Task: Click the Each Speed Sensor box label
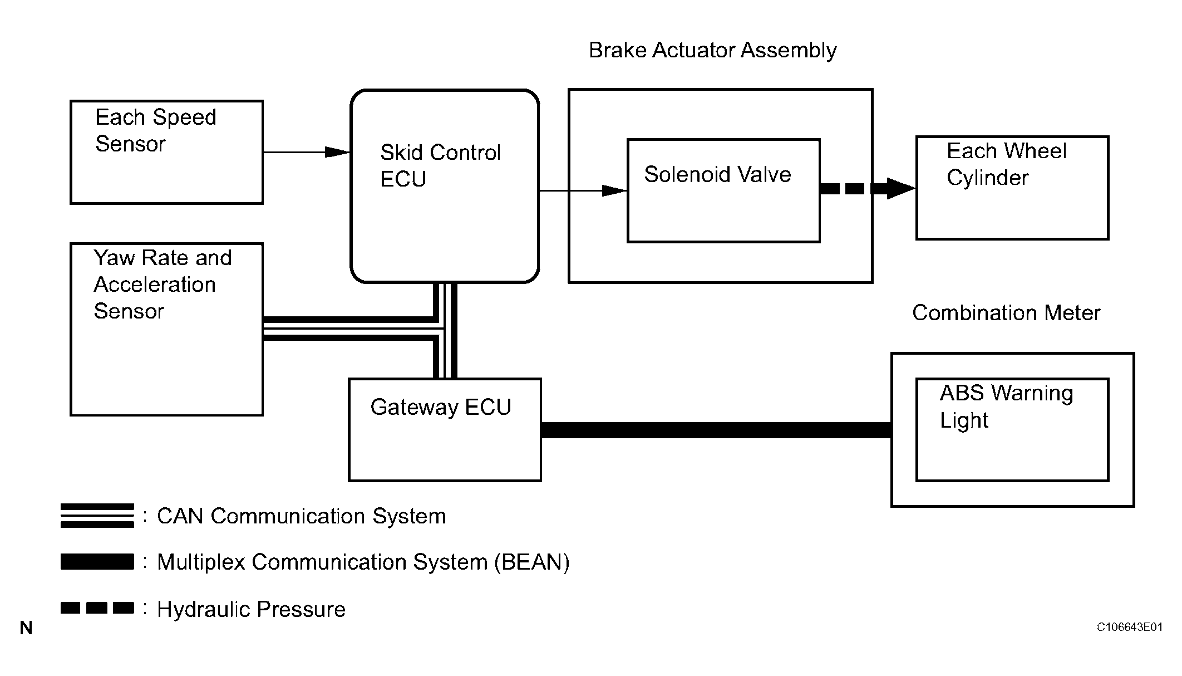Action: pos(156,130)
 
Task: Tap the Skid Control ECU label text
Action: pos(440,165)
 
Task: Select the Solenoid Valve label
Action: pos(717,174)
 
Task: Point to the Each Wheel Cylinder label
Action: pos(1007,164)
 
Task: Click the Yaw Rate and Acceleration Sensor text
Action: pos(162,285)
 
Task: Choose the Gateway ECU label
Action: pos(441,407)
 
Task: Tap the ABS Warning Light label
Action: pos(1007,406)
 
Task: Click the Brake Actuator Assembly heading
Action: pos(713,50)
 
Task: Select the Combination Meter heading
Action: pos(1006,313)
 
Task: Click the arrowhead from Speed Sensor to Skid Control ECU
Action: pos(337,152)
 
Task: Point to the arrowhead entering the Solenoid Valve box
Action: pos(615,190)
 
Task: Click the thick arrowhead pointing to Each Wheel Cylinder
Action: pos(900,188)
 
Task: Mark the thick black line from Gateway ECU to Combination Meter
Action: pos(716,430)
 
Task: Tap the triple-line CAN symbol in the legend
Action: pos(97,516)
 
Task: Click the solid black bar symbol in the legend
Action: pos(97,561)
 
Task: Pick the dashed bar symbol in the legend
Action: pos(97,608)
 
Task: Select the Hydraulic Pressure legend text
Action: pos(251,609)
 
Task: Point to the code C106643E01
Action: pos(1130,627)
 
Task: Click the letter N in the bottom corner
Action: pos(26,628)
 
